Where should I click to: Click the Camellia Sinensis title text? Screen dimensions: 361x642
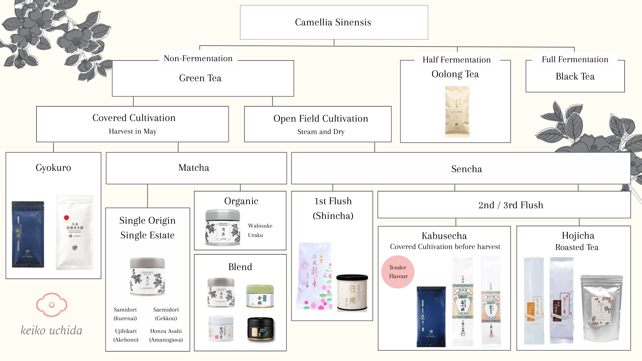tap(333, 22)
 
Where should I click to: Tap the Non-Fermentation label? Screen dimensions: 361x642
tap(198, 58)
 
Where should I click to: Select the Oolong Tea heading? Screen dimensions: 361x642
tap(455, 74)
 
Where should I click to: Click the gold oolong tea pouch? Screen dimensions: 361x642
tap(457, 111)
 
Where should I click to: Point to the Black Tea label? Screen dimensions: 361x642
tap(575, 77)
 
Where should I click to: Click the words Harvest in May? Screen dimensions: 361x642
tap(133, 131)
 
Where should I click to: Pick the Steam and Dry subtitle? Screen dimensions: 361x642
tap(321, 132)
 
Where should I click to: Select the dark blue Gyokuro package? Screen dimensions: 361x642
tap(28, 234)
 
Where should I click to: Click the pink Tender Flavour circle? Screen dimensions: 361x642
tap(398, 272)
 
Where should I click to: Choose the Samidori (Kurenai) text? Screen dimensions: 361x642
tap(125, 314)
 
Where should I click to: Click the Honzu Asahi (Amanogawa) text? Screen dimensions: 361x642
tap(166, 335)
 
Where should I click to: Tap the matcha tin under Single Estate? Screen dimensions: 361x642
tap(147, 277)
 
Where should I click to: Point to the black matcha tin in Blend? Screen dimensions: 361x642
tap(260, 329)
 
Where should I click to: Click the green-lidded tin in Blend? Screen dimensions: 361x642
tap(260, 296)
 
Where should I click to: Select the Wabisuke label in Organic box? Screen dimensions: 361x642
tap(260, 226)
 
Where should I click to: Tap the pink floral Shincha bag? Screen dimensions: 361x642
tap(314, 276)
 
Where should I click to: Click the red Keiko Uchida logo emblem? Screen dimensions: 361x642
tap(51, 305)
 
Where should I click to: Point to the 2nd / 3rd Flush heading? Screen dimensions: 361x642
tap(511, 205)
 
